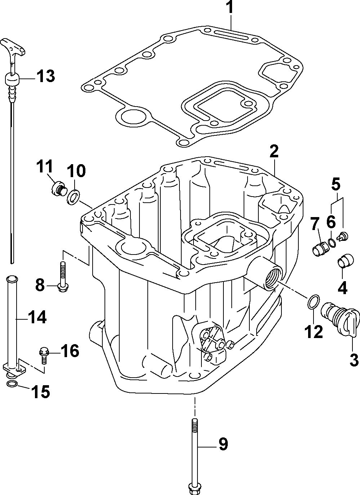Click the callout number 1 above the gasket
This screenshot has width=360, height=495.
point(230,8)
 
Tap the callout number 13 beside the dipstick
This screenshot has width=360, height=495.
point(45,76)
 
